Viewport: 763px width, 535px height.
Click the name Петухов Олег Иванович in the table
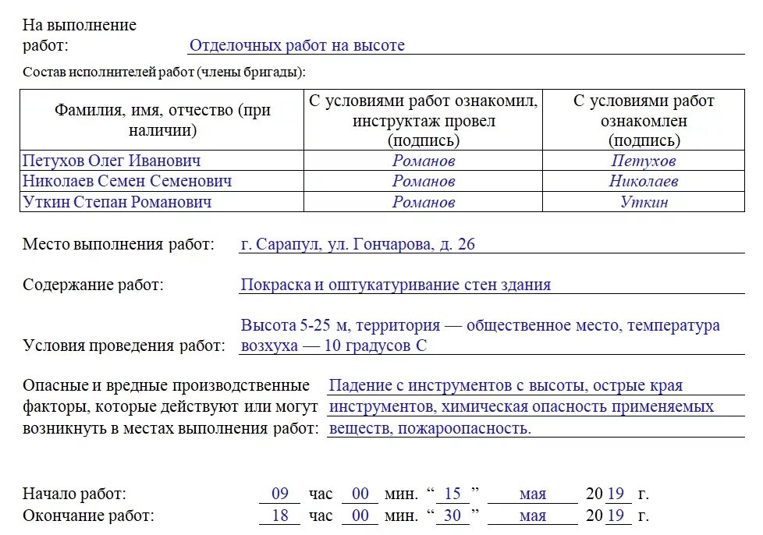click(112, 161)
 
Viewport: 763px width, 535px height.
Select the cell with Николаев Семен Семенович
click(127, 181)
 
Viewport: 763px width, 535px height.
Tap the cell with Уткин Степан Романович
click(117, 202)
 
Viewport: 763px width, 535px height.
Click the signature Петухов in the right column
click(644, 161)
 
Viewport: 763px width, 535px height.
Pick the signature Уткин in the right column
click(644, 202)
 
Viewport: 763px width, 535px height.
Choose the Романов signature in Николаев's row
click(424, 182)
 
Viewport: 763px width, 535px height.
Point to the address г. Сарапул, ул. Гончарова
click(357, 244)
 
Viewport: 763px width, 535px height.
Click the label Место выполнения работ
click(118, 244)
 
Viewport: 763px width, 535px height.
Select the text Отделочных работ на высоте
click(297, 45)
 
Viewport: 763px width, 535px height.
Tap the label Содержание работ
click(93, 285)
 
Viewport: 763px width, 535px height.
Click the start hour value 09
click(280, 494)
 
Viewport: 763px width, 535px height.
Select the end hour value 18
click(280, 516)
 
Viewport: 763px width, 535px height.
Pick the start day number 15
click(452, 494)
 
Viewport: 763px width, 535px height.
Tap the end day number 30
click(452, 516)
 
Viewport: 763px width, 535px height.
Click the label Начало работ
click(74, 494)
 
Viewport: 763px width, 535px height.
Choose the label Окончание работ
click(88, 516)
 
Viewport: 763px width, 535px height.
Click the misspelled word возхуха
click(269, 345)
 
